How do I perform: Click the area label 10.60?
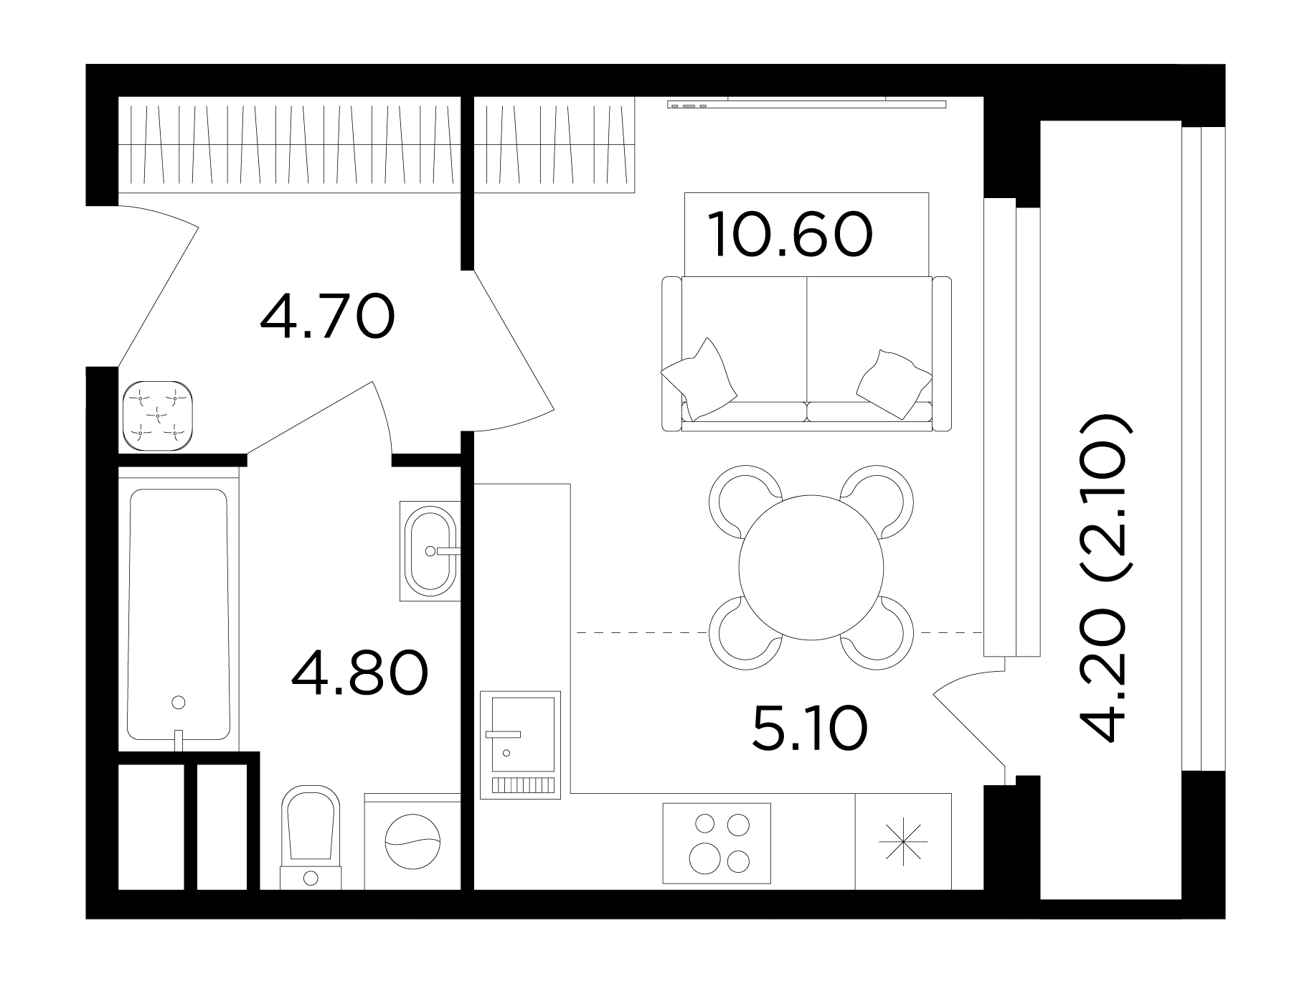click(790, 235)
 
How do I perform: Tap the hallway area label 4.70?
click(327, 317)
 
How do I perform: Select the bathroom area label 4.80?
click(359, 673)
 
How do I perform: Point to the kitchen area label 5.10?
click(810, 728)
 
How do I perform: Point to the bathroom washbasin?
click(430, 550)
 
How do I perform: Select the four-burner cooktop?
click(717, 843)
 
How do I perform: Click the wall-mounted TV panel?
click(806, 104)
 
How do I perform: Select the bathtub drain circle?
click(179, 702)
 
